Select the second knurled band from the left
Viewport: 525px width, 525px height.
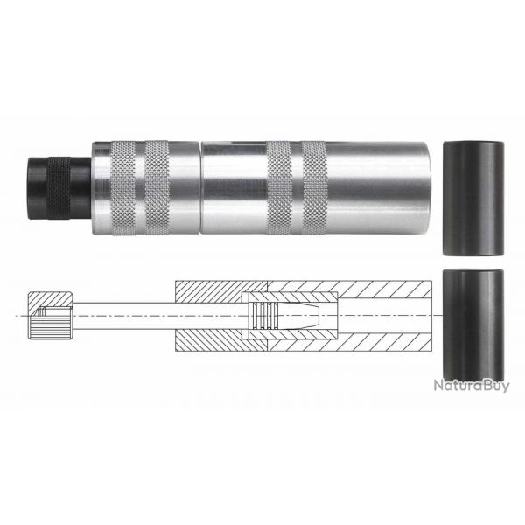[157, 186]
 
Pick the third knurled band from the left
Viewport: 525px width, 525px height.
[280, 186]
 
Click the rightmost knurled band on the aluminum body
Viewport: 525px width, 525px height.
[312, 186]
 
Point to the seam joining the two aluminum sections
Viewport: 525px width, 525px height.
[199, 186]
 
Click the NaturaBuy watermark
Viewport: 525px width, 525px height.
[470, 386]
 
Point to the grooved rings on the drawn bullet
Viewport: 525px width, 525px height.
[262, 314]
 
